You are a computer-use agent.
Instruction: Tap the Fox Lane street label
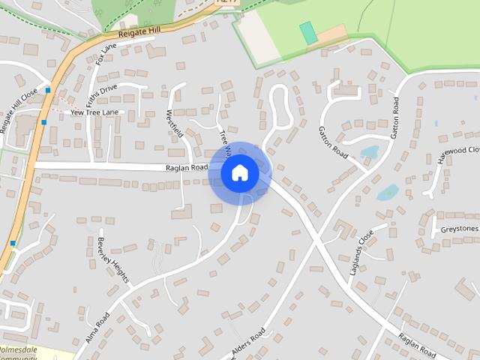(x=106, y=54)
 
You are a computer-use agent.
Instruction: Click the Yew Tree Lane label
(x=94, y=112)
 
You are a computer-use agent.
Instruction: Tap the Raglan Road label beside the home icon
(x=186, y=167)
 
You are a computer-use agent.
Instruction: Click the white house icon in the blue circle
(x=239, y=173)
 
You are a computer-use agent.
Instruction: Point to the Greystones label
(x=459, y=228)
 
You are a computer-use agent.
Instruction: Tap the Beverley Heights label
(x=113, y=260)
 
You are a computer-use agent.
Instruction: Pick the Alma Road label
(x=97, y=328)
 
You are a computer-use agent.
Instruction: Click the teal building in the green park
(x=307, y=32)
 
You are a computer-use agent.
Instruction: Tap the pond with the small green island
(x=388, y=193)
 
